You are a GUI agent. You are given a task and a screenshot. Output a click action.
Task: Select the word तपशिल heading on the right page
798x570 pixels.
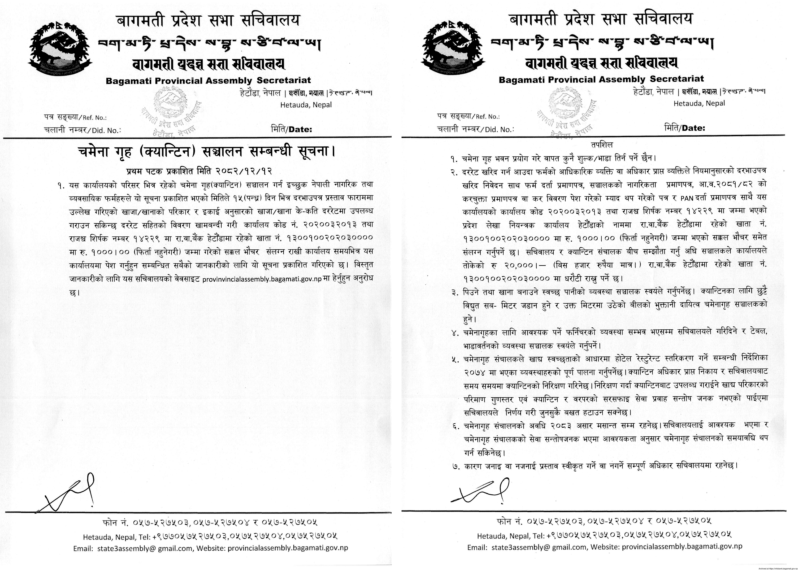pyautogui.click(x=601, y=144)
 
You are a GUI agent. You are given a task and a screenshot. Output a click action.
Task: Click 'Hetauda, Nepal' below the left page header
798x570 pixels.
pyautogui.click(x=306, y=105)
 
